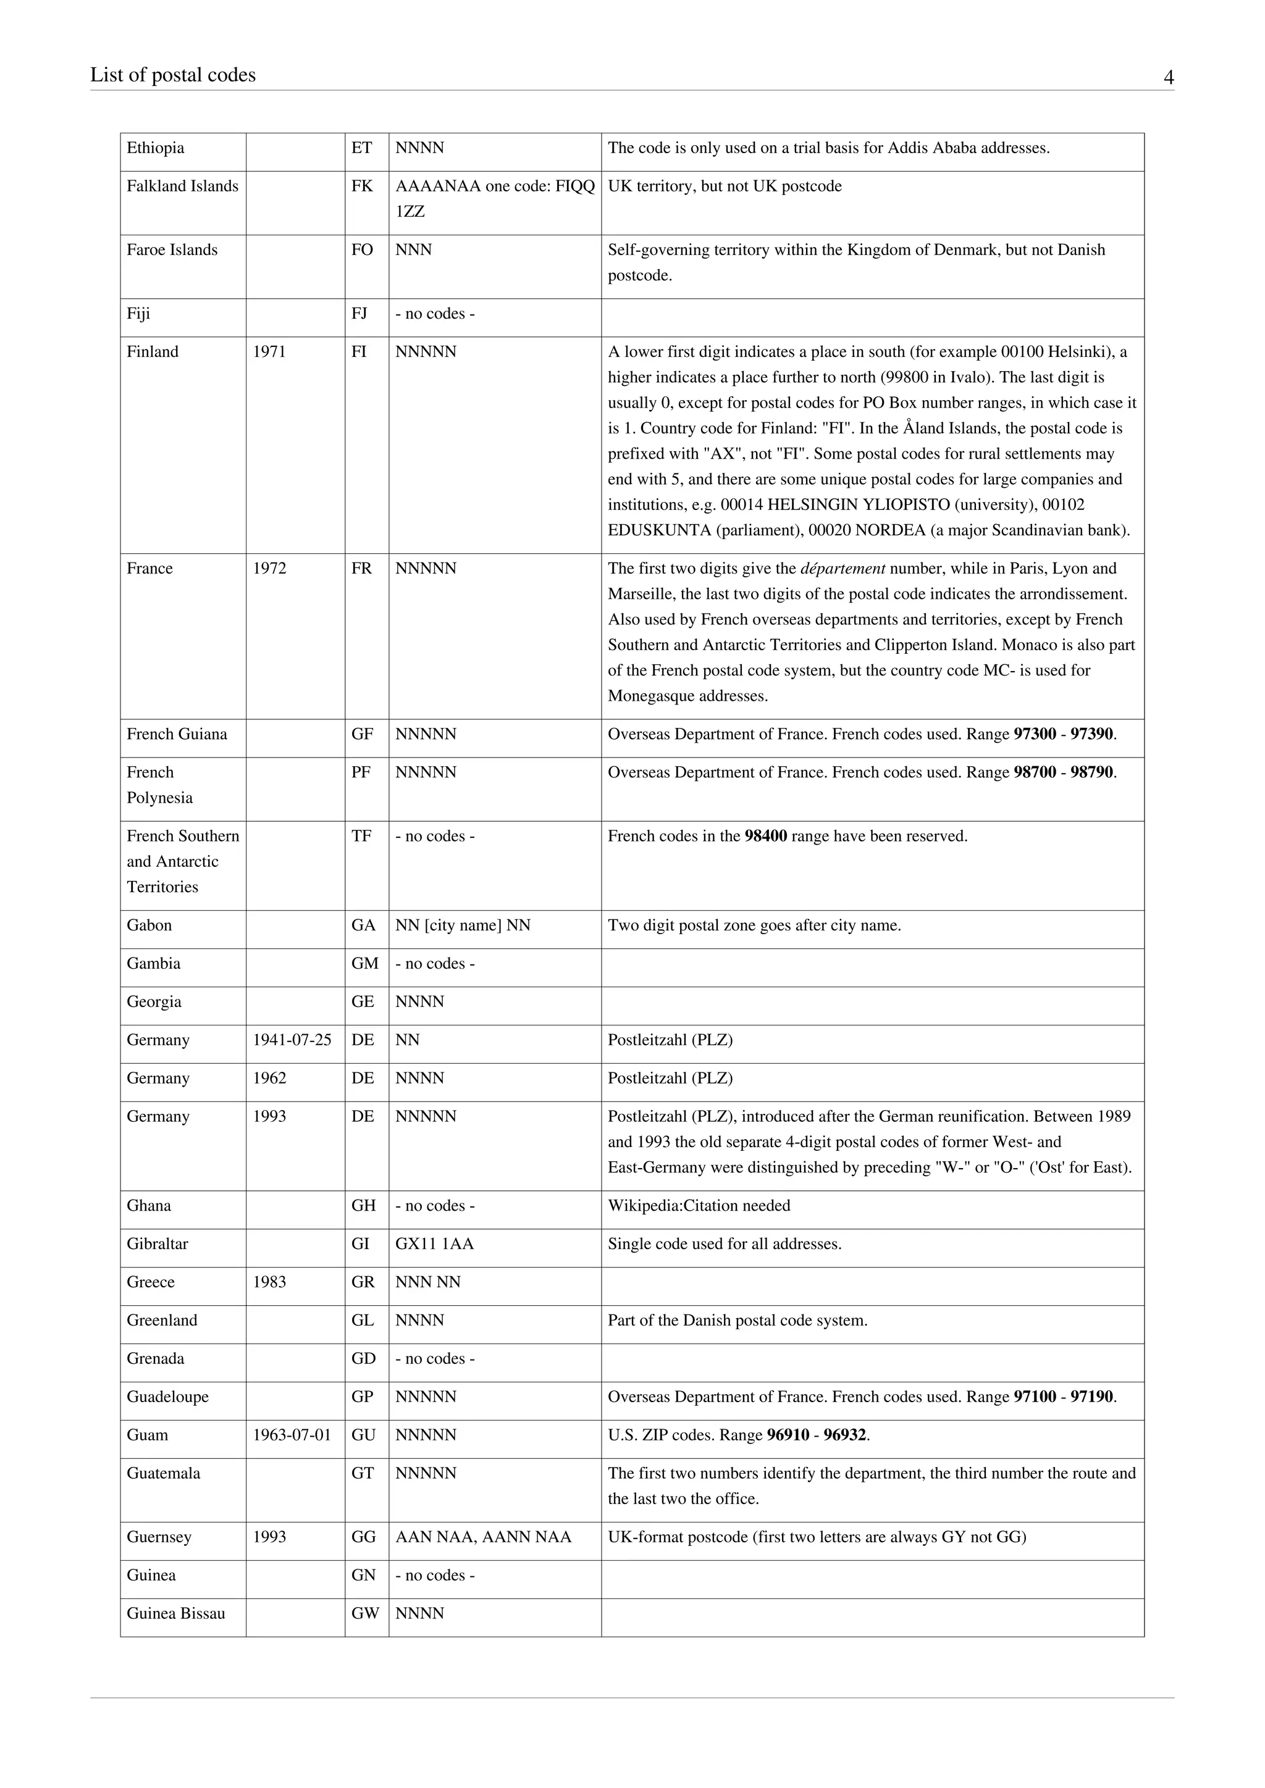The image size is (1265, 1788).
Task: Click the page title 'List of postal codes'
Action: pyautogui.click(x=173, y=75)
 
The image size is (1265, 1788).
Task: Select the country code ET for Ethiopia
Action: pyautogui.click(x=361, y=148)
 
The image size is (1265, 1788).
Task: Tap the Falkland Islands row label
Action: pyautogui.click(x=182, y=186)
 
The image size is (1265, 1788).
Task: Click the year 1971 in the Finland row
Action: pyautogui.click(x=269, y=352)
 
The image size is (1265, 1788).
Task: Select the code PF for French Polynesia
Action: pyautogui.click(x=361, y=772)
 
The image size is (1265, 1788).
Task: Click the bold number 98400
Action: pyautogui.click(x=766, y=837)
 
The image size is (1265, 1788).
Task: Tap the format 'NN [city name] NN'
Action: pyautogui.click(x=463, y=926)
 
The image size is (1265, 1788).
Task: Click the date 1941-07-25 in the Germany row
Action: pyautogui.click(x=292, y=1040)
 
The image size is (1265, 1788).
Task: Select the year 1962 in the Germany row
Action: pyautogui.click(x=269, y=1079)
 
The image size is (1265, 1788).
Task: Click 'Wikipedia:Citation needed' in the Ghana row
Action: pyautogui.click(x=699, y=1206)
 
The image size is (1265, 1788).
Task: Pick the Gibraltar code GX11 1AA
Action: pyautogui.click(x=434, y=1245)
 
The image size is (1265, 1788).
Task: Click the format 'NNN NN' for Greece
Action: pyautogui.click(x=427, y=1282)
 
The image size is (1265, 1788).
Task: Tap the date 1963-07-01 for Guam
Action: pyautogui.click(x=292, y=1435)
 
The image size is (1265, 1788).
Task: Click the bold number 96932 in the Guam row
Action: pyautogui.click(x=844, y=1435)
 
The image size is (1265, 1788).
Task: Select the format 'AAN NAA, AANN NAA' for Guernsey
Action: pyautogui.click(x=483, y=1537)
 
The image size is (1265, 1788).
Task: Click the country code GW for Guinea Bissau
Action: pyautogui.click(x=364, y=1613)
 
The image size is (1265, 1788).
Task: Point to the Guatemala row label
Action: pyautogui.click(x=164, y=1473)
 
